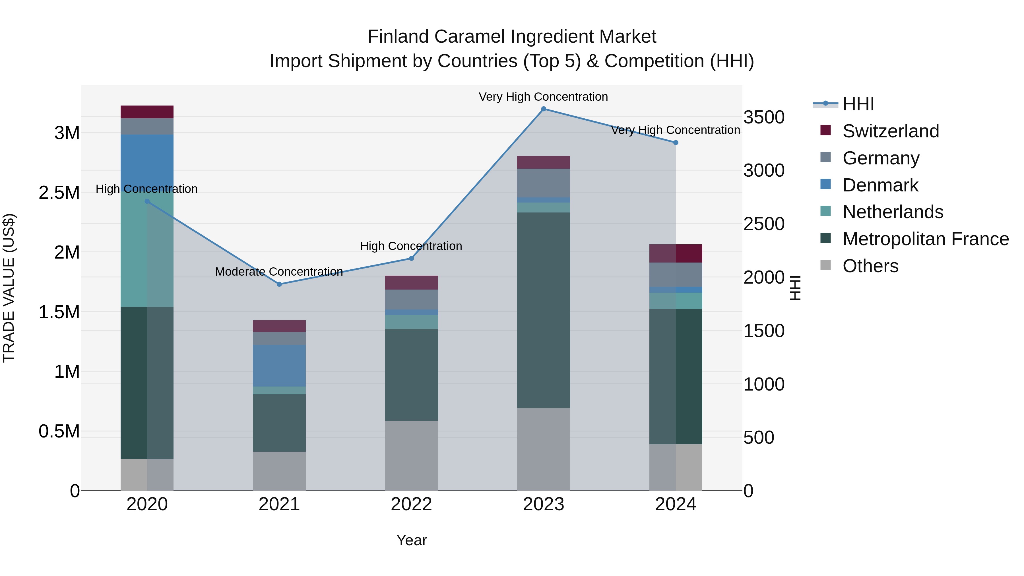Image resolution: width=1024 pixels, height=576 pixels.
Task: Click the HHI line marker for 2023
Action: click(x=543, y=109)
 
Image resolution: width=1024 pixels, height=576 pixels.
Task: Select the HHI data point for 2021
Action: click(x=279, y=284)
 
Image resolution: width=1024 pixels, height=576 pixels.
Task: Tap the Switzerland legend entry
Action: click(x=890, y=131)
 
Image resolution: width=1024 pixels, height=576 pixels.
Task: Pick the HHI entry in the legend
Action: click(x=858, y=104)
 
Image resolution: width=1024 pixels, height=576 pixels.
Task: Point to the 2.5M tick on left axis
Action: click(x=59, y=193)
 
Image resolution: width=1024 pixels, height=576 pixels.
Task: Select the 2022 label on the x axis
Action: click(x=411, y=504)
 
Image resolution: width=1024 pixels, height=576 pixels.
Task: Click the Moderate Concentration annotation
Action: click(x=279, y=272)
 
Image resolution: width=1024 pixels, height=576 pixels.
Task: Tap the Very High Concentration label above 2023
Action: click(x=543, y=97)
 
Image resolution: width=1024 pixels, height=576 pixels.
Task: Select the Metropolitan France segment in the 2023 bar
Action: click(x=543, y=310)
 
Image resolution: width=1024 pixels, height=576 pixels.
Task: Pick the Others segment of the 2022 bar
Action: click(x=411, y=456)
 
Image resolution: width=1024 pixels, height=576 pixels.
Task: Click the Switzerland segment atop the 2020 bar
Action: click(x=147, y=112)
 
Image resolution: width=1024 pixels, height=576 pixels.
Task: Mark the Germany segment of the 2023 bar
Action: click(x=543, y=183)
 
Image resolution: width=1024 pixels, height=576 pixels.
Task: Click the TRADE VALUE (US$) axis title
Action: click(x=9, y=288)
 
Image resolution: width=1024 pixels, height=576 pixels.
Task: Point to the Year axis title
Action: click(x=411, y=540)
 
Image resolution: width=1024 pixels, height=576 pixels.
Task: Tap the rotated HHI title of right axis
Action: click(x=795, y=288)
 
